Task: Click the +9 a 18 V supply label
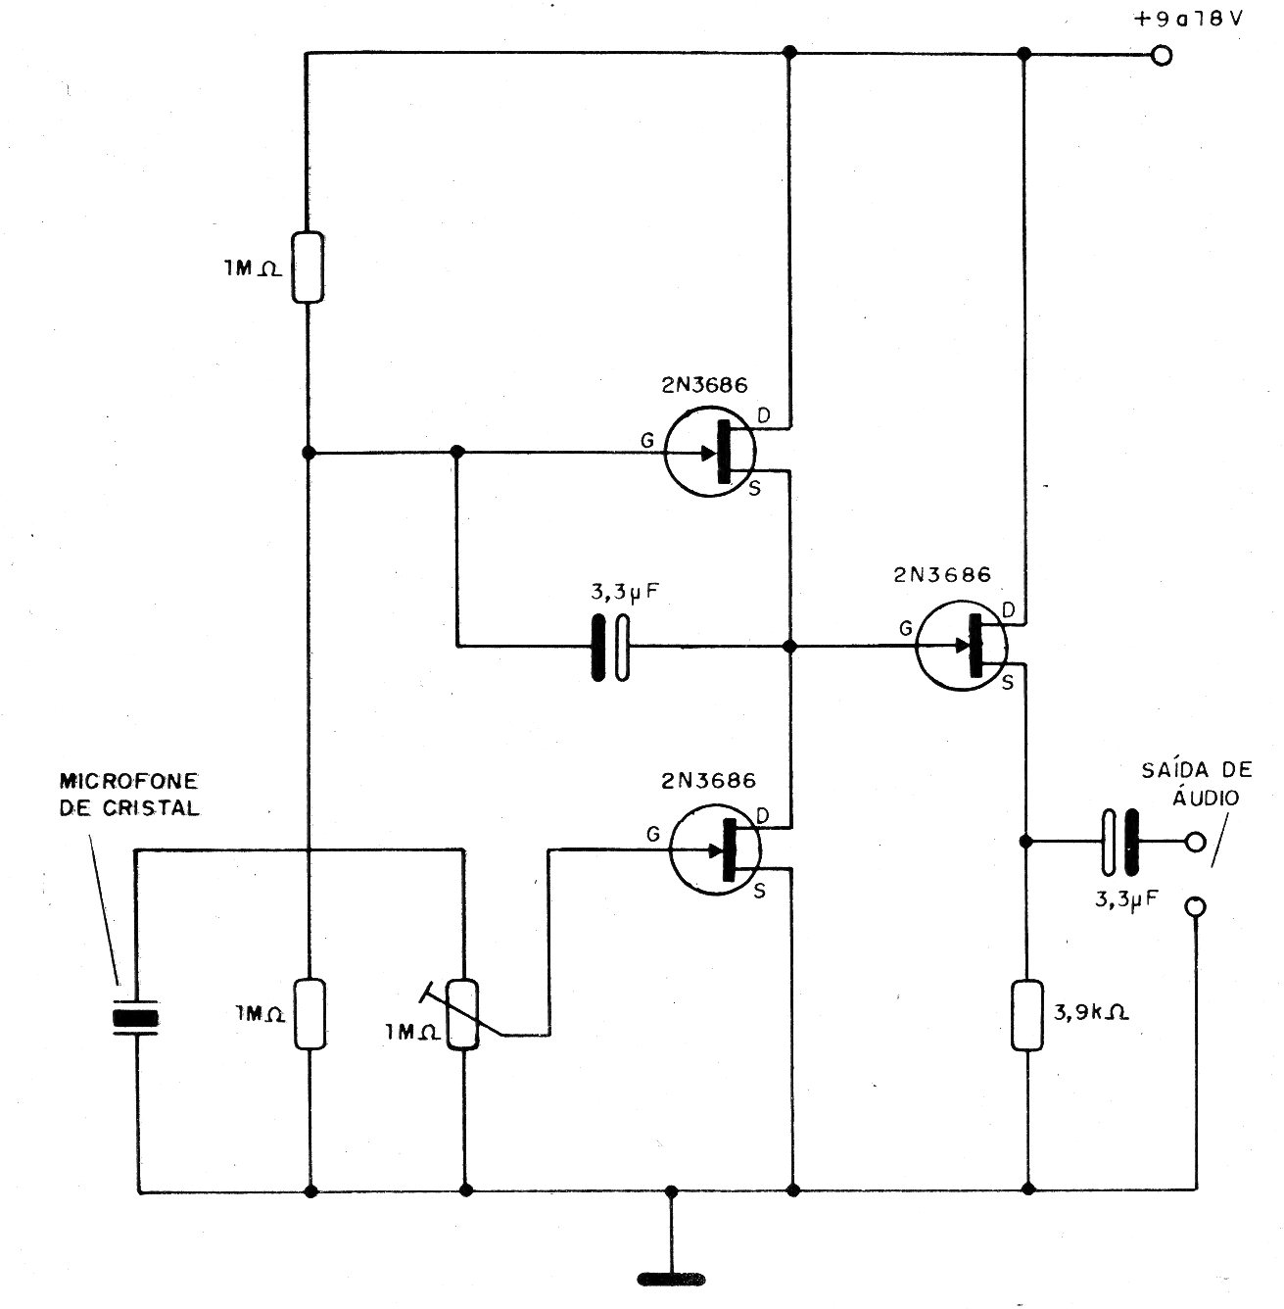1188,19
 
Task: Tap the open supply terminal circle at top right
1162,55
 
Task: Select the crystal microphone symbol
136,1018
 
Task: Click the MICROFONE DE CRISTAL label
129,794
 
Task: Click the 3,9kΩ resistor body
1027,1015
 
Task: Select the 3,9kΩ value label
1091,1013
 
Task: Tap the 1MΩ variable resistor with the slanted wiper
465,1015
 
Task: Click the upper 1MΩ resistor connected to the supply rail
308,267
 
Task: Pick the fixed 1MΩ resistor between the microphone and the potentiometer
309,1014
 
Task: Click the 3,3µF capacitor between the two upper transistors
610,648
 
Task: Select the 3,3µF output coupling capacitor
1120,843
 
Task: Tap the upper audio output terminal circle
1195,843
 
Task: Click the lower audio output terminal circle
1195,907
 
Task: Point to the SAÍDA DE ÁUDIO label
1197,783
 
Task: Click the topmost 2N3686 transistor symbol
710,451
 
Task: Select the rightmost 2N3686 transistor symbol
962,646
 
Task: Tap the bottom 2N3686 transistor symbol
715,849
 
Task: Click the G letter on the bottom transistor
653,835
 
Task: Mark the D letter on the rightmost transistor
1008,610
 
